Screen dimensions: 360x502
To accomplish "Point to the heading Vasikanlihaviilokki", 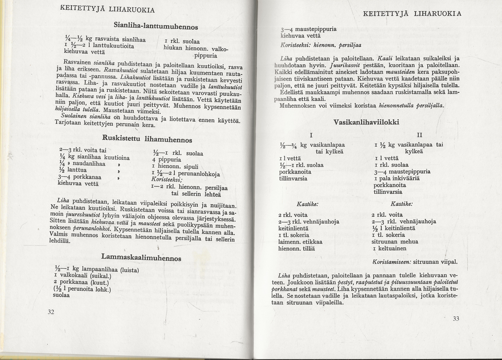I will click(366, 122).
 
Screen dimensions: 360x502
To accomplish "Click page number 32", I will click(51, 312).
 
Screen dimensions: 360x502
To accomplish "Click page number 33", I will click(455, 318).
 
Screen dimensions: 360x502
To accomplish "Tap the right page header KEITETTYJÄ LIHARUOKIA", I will click(412, 14).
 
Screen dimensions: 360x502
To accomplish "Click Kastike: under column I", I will click(307, 203).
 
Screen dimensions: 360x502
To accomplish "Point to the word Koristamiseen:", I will click(392, 261).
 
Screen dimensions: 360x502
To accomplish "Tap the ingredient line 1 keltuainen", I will click(390, 249).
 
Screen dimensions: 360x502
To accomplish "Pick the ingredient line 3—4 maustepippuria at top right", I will click(309, 29).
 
